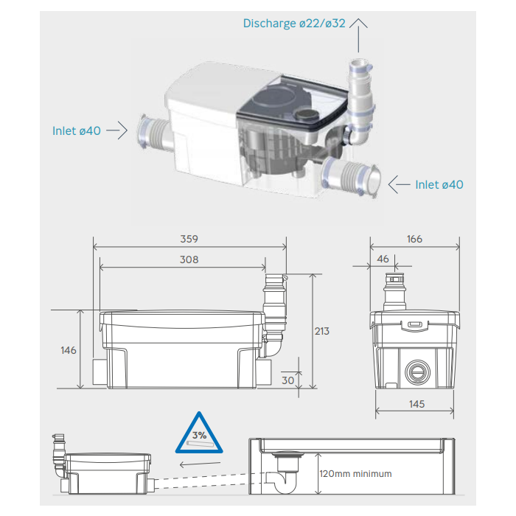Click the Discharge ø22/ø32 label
coord(294,24)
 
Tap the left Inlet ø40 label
coord(77,130)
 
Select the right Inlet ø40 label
coord(439,184)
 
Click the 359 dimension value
coord(190,239)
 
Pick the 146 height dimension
coord(68,350)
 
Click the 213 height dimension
coord(321,331)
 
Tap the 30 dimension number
coord(287,380)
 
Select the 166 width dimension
coord(414,239)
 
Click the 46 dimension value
coord(383,259)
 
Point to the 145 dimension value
coord(416,405)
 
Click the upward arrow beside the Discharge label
coord(358,29)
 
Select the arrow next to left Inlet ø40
coord(114,130)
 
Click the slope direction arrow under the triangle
coord(199,464)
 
